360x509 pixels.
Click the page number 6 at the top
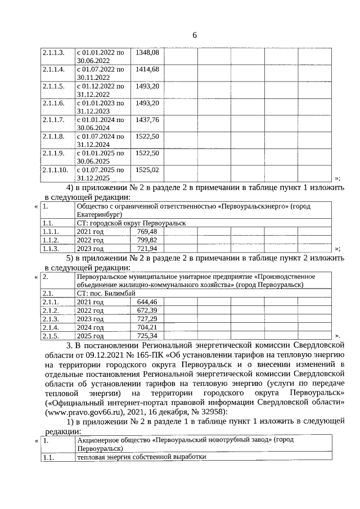[x=194, y=35]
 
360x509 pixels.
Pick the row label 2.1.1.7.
[x=53, y=120]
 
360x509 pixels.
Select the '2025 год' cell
[x=90, y=336]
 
